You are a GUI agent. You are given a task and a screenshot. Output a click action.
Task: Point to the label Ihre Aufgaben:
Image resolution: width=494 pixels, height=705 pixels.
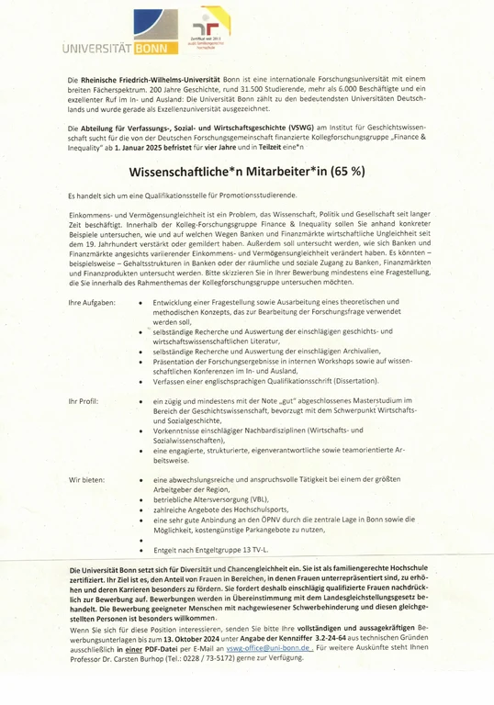click(91, 303)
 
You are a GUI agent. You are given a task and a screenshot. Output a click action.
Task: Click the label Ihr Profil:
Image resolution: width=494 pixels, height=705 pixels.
click(84, 402)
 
